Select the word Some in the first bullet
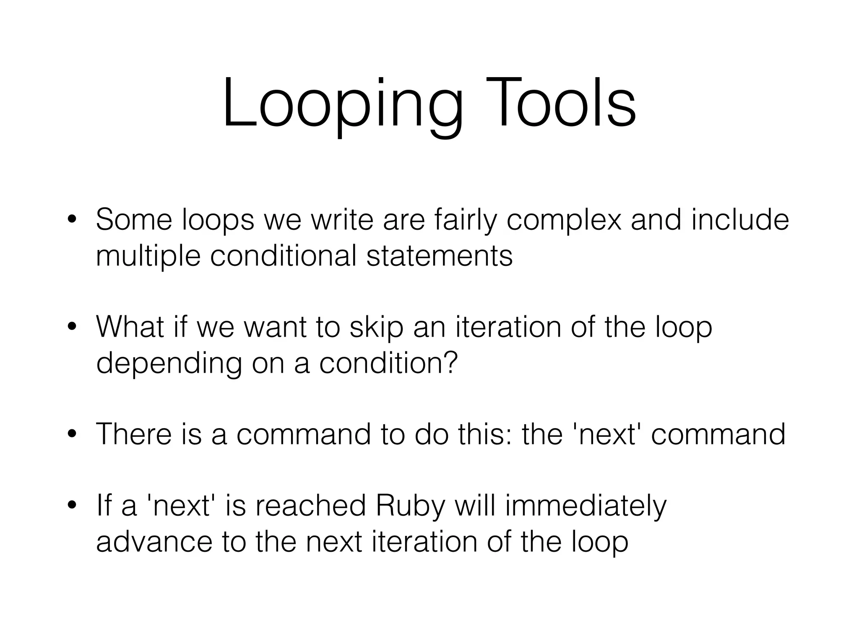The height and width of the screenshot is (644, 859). point(134,220)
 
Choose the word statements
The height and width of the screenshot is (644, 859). point(439,256)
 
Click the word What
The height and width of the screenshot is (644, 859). point(130,327)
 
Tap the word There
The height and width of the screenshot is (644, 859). point(134,434)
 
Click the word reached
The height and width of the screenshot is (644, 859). point(310,506)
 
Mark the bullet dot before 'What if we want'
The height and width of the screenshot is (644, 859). point(72,327)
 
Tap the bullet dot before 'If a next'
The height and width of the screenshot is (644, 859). point(72,506)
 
